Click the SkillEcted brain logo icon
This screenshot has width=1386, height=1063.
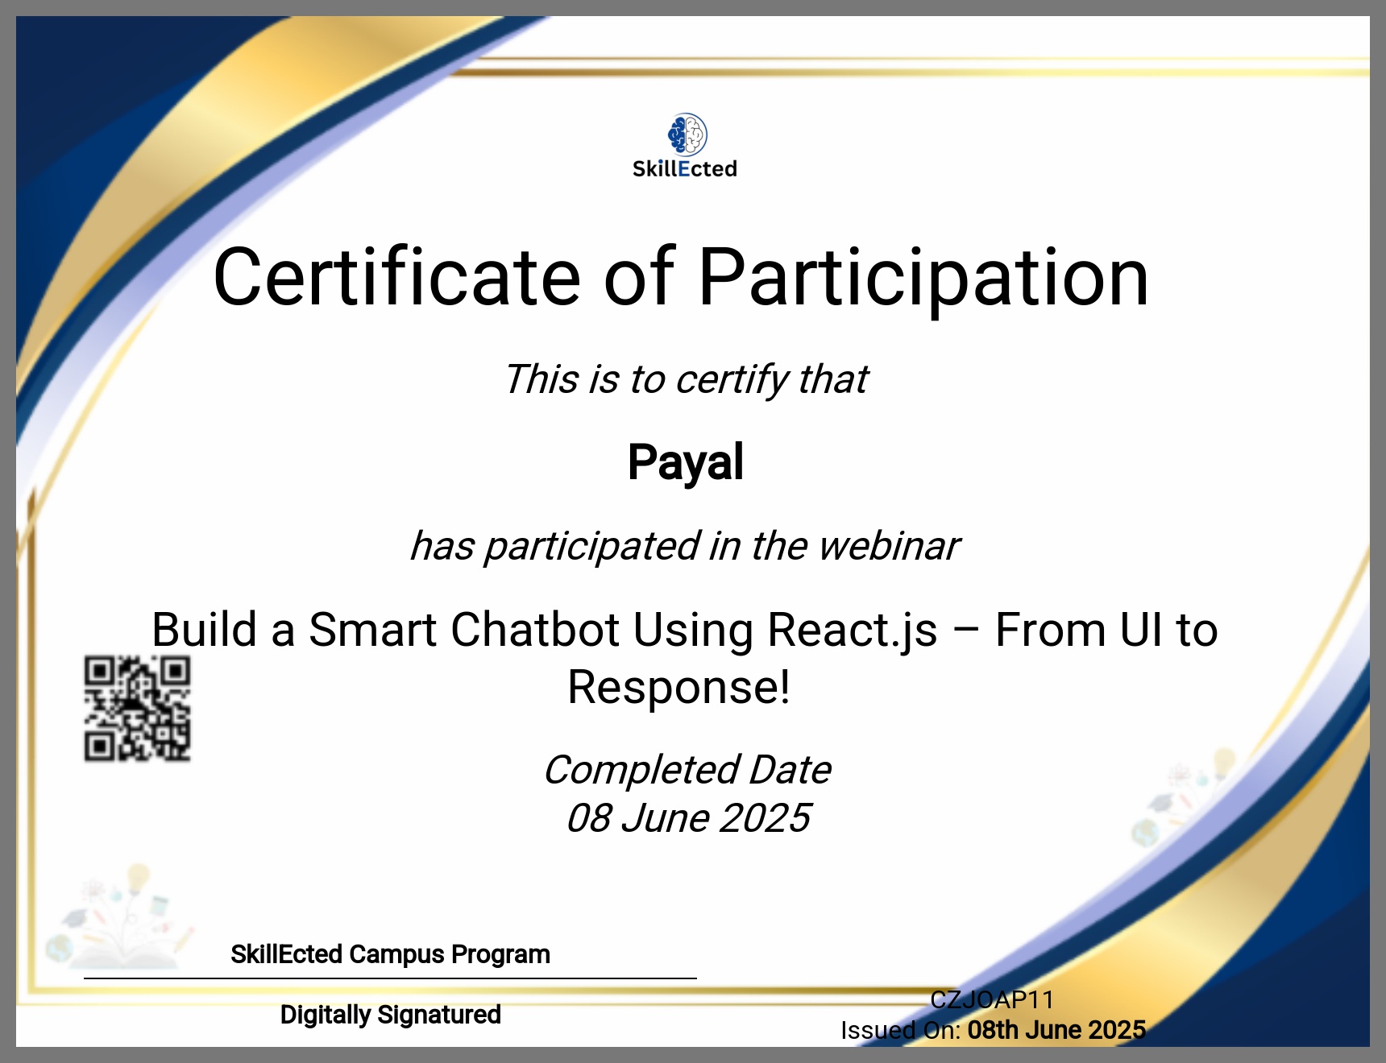687,134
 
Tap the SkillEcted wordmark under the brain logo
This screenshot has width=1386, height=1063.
685,169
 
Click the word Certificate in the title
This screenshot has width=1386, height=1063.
396,277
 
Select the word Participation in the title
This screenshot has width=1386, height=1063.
923,279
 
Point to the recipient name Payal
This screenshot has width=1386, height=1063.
686,463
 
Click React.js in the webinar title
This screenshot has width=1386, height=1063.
853,631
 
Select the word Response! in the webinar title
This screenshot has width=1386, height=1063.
679,688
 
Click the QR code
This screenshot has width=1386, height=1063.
138,709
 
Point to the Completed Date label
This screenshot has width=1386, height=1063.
687,770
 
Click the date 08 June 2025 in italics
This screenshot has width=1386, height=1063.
688,818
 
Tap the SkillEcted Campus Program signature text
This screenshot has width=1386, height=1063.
390,954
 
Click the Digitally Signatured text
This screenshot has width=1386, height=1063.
391,1015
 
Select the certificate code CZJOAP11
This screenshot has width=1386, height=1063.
992,1000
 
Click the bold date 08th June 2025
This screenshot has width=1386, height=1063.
1056,1030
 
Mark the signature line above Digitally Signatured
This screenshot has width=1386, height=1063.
390,978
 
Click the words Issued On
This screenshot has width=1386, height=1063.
900,1031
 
